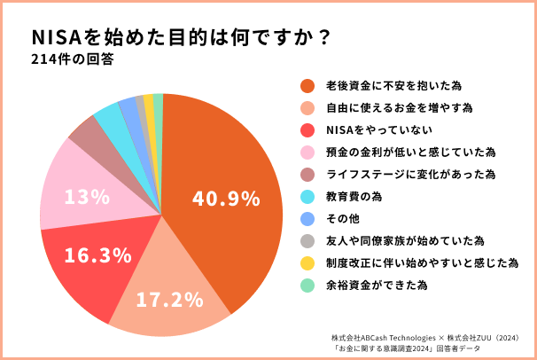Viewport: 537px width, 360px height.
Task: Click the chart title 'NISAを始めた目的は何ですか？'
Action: pyautogui.click(x=182, y=37)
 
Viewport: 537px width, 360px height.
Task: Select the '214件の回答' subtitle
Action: pyautogui.click(x=71, y=62)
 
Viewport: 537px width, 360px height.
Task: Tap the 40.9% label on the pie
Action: pyautogui.click(x=226, y=198)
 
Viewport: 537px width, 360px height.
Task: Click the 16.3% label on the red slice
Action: pyautogui.click(x=92, y=255)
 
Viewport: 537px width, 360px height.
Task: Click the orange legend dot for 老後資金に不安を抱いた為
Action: pyautogui.click(x=308, y=86)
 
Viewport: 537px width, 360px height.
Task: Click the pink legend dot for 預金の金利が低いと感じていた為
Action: pyautogui.click(x=308, y=153)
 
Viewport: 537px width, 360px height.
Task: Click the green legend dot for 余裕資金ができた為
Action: pyautogui.click(x=308, y=286)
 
